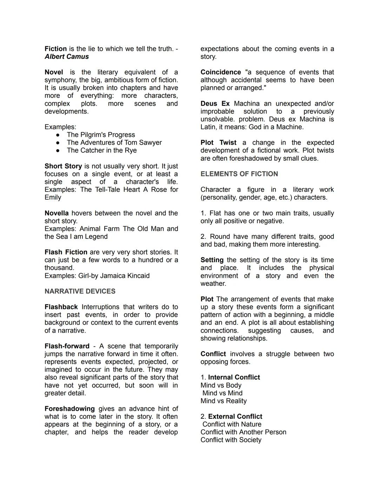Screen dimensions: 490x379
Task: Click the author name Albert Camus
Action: [x=67, y=57]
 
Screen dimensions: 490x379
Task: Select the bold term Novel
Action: [x=54, y=72]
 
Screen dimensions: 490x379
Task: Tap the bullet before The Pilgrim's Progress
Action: [x=58, y=135]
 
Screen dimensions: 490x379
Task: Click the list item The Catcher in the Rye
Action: [x=102, y=150]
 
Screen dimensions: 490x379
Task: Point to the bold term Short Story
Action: [x=63, y=166]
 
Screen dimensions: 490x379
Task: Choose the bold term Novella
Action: [x=56, y=213]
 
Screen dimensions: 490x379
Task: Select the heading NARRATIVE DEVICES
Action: [x=80, y=291]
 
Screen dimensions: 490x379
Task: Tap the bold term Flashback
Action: [x=61, y=307]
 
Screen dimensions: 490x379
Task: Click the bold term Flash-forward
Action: [x=67, y=346]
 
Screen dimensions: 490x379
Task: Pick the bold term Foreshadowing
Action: [x=69, y=409]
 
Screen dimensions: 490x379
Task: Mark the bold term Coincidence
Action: [x=221, y=72]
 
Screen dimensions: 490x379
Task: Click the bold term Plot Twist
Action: [x=218, y=143]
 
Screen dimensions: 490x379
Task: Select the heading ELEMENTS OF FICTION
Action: [x=239, y=174]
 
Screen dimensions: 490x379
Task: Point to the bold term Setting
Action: [x=212, y=260]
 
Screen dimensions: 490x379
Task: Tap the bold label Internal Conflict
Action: [x=234, y=377]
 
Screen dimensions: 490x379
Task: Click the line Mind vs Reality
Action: [x=224, y=401]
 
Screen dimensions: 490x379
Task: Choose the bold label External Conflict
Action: [x=235, y=417]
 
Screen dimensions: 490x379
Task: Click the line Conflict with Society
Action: [x=231, y=440]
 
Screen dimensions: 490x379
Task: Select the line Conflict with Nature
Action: [x=232, y=424]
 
